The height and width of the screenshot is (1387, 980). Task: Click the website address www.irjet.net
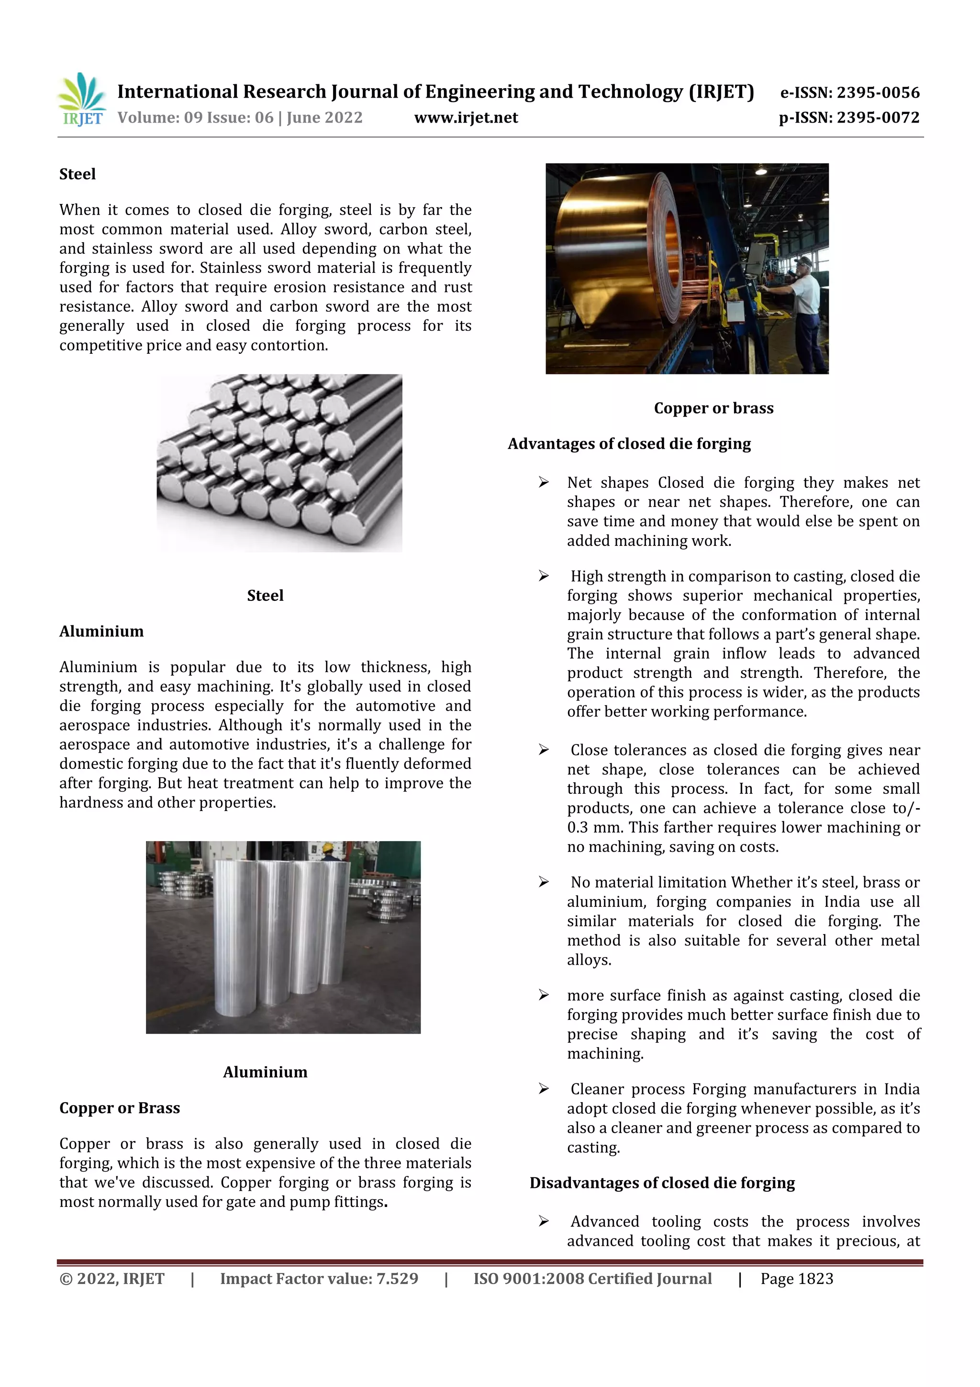[x=466, y=118]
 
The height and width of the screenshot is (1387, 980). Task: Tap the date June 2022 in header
[x=324, y=118]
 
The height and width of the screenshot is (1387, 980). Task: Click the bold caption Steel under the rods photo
[x=265, y=596]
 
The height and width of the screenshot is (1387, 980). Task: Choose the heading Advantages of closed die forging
[x=629, y=444]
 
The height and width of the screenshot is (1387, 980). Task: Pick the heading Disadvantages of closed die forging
[x=662, y=1183]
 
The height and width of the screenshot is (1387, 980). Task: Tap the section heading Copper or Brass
[x=120, y=1108]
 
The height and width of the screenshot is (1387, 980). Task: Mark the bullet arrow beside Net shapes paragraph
[x=544, y=482]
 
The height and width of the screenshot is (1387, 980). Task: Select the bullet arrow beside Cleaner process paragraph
[x=544, y=1089]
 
